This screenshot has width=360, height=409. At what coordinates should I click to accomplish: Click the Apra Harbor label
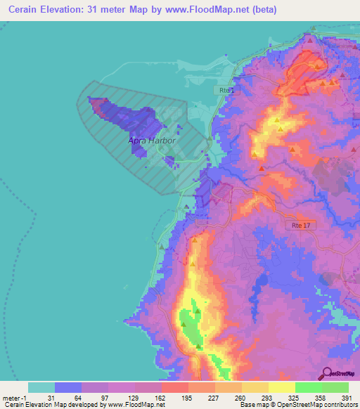pos(151,141)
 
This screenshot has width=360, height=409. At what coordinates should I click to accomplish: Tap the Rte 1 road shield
pos(225,91)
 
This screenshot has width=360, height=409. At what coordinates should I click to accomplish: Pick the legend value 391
pos(347,397)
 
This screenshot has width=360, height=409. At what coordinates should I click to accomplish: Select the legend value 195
pos(186,397)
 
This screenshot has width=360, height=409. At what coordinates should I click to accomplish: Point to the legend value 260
pos(240,397)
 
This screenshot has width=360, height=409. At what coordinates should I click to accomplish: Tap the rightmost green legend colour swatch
pos(335,387)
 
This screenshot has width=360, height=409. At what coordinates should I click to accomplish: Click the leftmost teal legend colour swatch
pos(41,387)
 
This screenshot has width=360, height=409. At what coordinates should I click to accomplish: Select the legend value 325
pos(294,397)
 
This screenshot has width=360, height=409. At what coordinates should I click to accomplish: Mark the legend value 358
pos(321,397)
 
